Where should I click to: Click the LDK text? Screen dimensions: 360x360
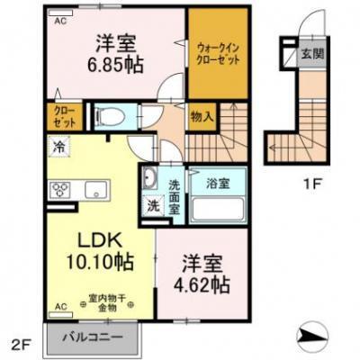95,240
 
